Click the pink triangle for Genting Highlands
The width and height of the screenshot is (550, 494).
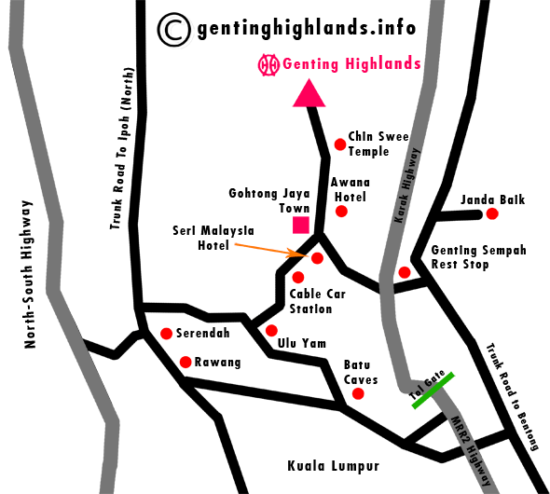tap(309, 93)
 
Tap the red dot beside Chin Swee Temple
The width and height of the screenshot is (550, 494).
tap(340, 144)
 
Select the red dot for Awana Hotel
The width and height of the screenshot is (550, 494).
tap(341, 211)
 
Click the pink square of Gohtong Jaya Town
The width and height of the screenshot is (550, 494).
tap(301, 225)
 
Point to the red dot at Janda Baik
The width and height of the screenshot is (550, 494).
tap(492, 214)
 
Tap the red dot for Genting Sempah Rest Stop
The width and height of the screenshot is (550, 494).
tap(405, 272)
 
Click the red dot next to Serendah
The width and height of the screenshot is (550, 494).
tap(166, 333)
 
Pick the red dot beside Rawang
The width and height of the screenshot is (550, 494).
tap(186, 362)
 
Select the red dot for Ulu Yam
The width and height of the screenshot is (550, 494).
tap(271, 330)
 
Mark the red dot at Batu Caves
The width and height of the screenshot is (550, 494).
tap(357, 394)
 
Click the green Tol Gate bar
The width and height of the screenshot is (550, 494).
tap(433, 390)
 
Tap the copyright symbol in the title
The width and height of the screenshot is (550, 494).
tap(174, 29)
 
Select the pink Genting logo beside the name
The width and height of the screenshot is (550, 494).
tap(268, 65)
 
